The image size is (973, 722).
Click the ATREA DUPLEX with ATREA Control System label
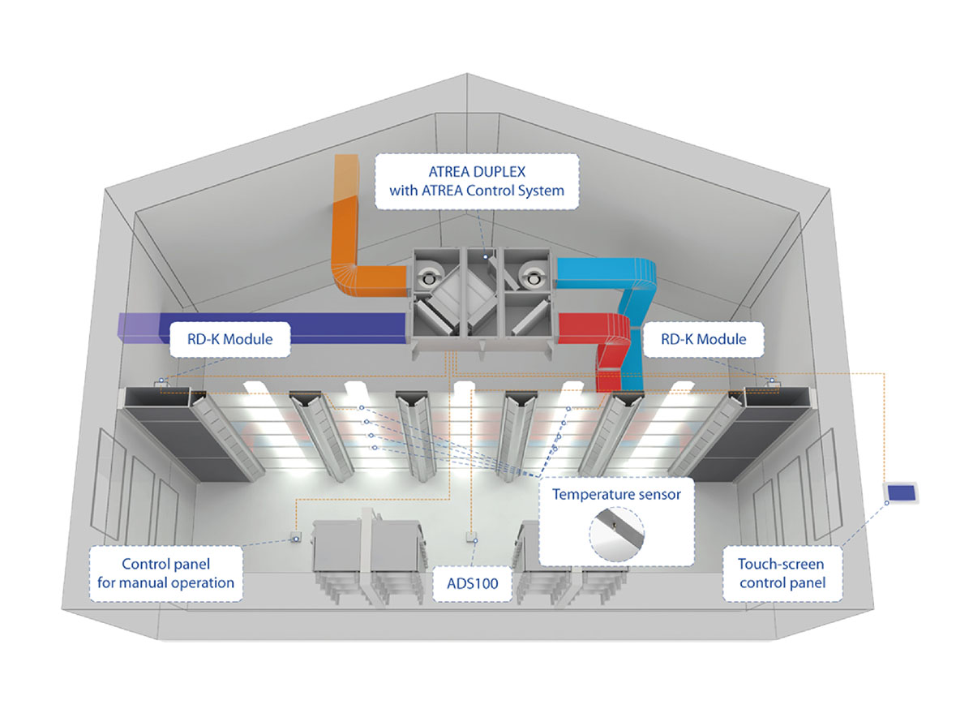(477, 181)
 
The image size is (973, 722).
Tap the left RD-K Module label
(229, 339)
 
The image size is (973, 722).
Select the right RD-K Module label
(703, 339)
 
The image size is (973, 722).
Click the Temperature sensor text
(616, 494)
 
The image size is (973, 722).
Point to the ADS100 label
(473, 583)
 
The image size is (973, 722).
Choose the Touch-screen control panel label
(782, 574)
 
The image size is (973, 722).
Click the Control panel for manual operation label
(166, 574)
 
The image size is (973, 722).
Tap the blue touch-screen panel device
(901, 492)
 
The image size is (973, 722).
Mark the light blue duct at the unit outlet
(614, 307)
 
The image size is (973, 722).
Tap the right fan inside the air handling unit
(532, 277)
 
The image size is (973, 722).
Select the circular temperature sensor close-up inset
(617, 534)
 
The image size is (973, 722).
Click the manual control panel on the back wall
(296, 537)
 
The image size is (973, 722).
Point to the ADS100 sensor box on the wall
(471, 538)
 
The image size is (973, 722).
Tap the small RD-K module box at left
(160, 383)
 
